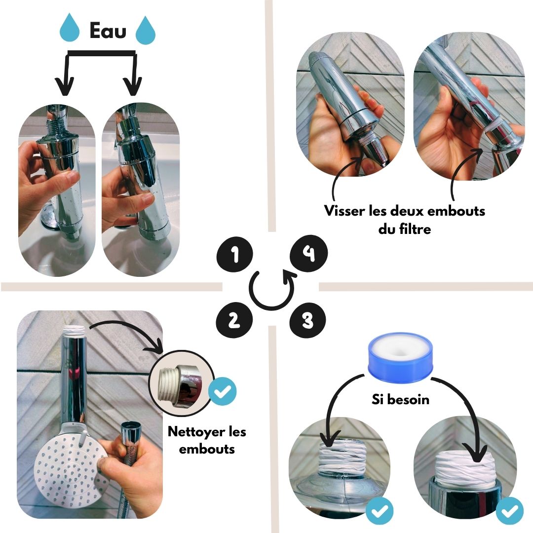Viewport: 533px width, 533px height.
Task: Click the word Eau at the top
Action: [108, 31]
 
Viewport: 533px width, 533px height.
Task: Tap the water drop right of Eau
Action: [146, 30]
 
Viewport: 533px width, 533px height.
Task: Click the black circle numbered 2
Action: [234, 320]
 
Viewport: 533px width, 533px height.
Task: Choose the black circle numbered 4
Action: [308, 253]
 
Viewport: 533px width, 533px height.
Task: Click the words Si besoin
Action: [400, 399]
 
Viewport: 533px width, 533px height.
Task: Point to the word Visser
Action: [344, 211]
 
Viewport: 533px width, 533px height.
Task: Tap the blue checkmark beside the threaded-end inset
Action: [222, 391]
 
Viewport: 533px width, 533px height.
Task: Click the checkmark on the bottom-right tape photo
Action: [509, 511]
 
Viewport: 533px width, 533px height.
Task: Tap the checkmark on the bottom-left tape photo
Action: [380, 511]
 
